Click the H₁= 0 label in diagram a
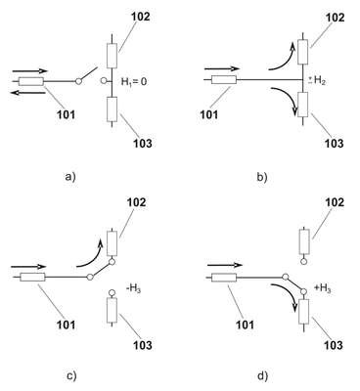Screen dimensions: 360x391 pyautogui.click(x=134, y=81)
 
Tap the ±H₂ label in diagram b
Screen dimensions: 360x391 pyautogui.click(x=317, y=81)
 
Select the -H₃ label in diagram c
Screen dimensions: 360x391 pyautogui.click(x=133, y=288)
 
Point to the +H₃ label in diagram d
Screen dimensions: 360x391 pyautogui.click(x=323, y=288)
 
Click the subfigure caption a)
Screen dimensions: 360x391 pyautogui.click(x=70, y=177)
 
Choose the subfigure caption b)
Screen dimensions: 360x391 pyautogui.click(x=262, y=177)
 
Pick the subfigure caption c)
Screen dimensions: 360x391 pyautogui.click(x=71, y=375)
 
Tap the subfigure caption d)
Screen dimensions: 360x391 pyautogui.click(x=262, y=375)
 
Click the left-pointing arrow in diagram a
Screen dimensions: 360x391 pyautogui.click(x=27, y=93)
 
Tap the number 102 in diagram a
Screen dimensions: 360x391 pyautogui.click(x=141, y=17)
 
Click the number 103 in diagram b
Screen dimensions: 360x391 pyautogui.click(x=335, y=143)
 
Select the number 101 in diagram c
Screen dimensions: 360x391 pyautogui.click(x=66, y=325)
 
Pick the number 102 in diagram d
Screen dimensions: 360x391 pyautogui.click(x=335, y=202)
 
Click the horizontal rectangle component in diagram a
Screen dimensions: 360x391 pyautogui.click(x=31, y=81)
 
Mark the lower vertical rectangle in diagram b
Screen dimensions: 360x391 pyautogui.click(x=303, y=105)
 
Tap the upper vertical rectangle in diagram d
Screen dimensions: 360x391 pyautogui.click(x=304, y=241)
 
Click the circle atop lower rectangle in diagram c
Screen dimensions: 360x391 pyautogui.click(x=112, y=293)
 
